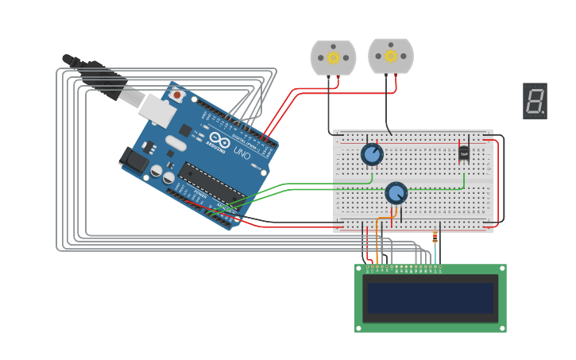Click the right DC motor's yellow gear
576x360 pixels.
(x=390, y=56)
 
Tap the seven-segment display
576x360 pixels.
(x=535, y=101)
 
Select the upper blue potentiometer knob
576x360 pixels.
(x=371, y=154)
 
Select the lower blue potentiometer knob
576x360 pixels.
(x=396, y=193)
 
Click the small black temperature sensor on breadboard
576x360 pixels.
(x=464, y=153)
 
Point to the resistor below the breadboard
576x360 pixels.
(x=435, y=236)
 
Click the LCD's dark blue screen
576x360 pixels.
(x=430, y=298)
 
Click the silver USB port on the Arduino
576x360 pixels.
(x=158, y=110)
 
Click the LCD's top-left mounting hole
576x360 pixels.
(x=359, y=269)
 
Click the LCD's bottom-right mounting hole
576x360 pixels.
(x=501, y=327)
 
